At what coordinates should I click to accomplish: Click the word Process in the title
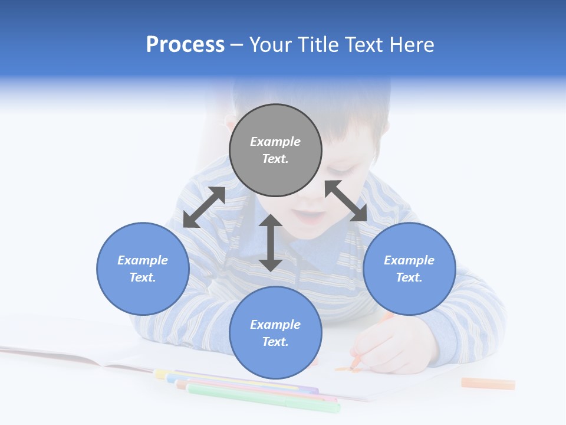pos(185,45)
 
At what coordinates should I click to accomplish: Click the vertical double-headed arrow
pos(271,243)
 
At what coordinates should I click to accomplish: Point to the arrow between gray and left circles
pos(204,207)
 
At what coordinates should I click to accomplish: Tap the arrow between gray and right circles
pos(345,201)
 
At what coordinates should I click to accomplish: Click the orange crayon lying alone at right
pos(488,384)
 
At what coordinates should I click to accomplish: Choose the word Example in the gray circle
pos(275,142)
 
